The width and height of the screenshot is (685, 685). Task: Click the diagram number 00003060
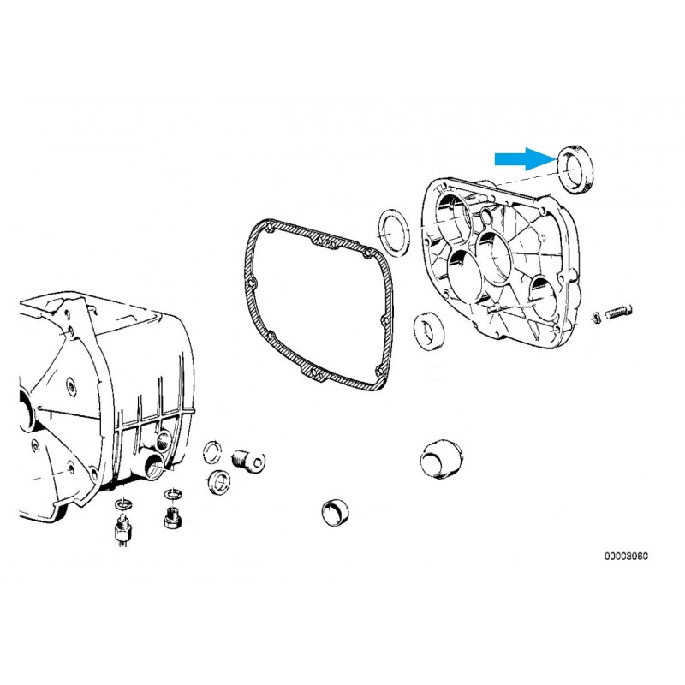click(x=626, y=556)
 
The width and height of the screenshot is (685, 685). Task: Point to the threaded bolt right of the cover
click(x=618, y=312)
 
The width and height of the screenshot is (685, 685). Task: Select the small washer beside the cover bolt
click(x=595, y=317)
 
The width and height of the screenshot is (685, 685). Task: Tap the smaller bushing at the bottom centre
click(x=335, y=512)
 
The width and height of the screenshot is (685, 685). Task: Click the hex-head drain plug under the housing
click(x=174, y=519)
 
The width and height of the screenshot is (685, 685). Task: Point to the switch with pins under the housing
click(x=122, y=531)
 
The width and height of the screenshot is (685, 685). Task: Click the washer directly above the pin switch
click(x=122, y=504)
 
